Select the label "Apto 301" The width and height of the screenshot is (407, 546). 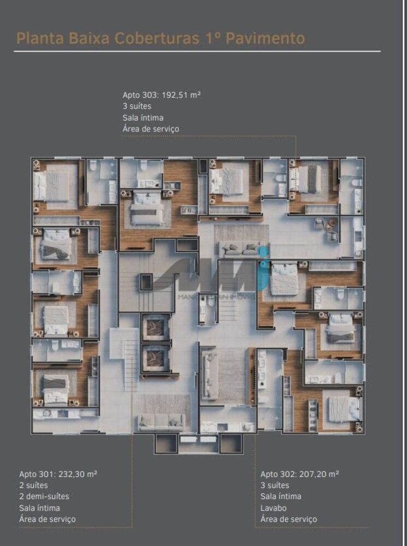(35, 474)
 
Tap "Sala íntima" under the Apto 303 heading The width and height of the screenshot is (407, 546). (143, 117)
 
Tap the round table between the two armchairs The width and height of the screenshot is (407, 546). (332, 223)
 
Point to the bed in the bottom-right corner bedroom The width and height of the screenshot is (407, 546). (344, 408)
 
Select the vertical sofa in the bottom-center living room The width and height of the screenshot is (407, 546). (210, 373)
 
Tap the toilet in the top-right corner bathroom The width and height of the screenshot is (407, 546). (356, 183)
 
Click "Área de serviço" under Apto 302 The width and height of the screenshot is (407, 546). (288, 519)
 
